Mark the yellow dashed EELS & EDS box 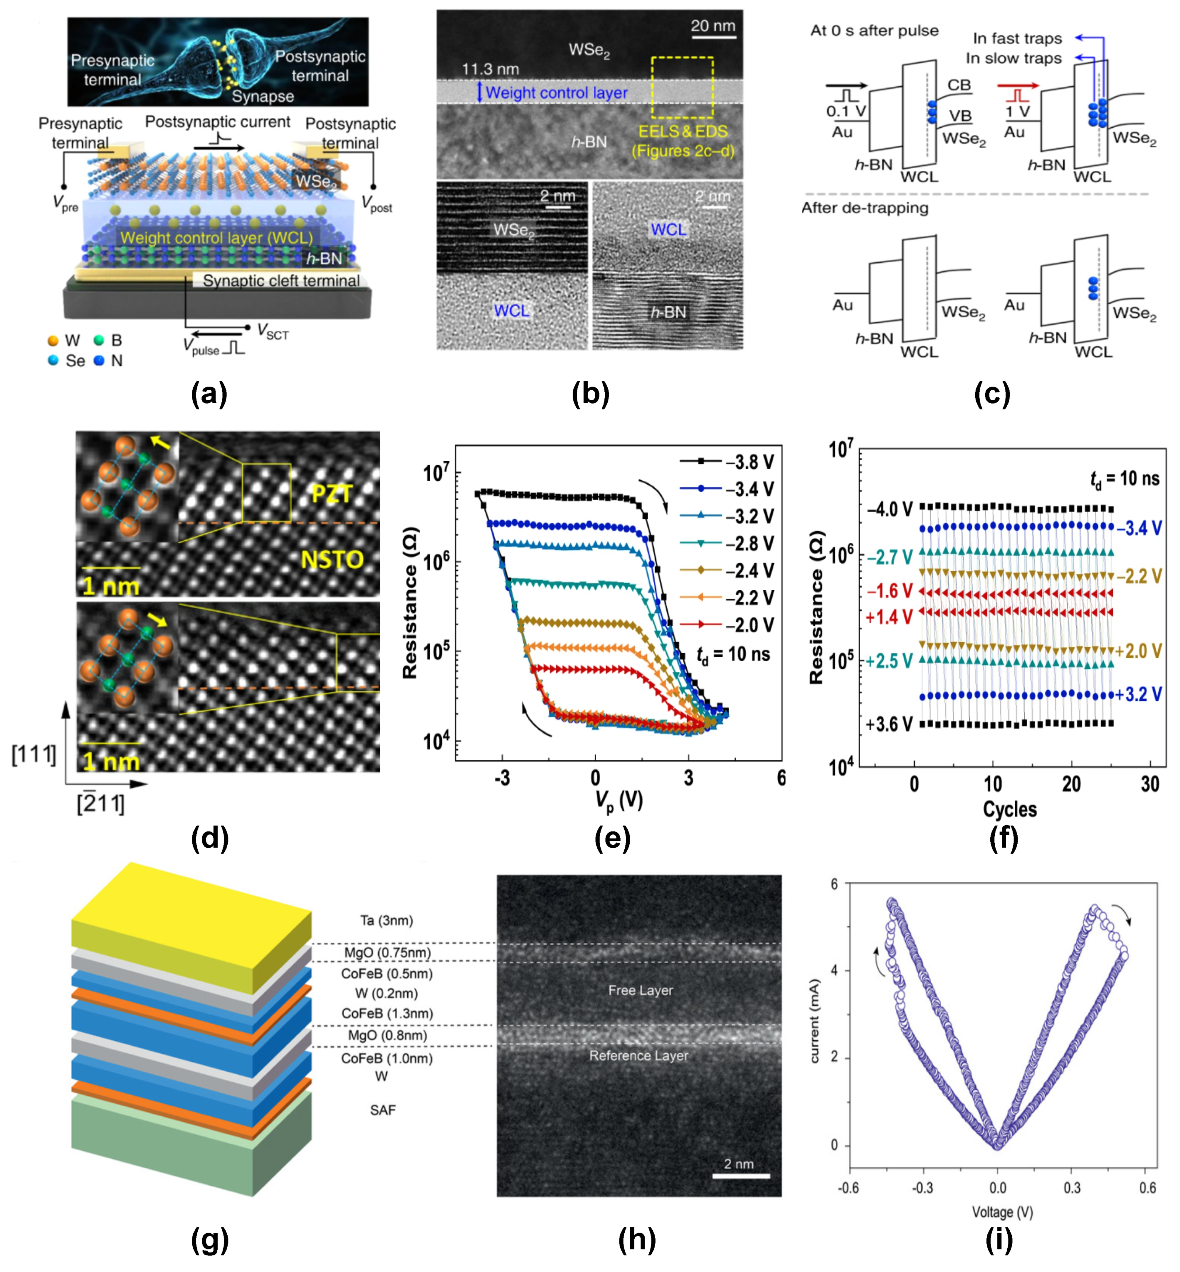tap(682, 88)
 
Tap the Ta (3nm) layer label tap(386, 920)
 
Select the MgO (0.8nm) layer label tap(387, 1035)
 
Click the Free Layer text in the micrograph tap(641, 991)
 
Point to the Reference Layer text tap(639, 1056)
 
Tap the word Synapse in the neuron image tap(262, 96)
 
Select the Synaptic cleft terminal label tap(281, 281)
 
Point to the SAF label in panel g tap(383, 1110)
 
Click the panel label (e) tap(612, 839)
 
